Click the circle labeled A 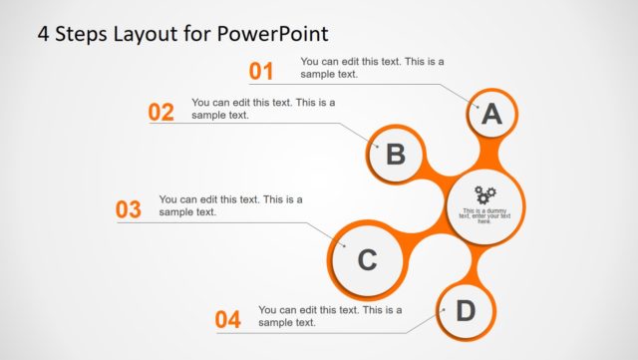tap(490, 115)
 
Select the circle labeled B tap(395, 155)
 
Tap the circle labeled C tap(366, 260)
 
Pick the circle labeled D tap(465, 311)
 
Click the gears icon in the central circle tap(484, 194)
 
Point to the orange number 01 tap(260, 71)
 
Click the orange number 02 tap(161, 112)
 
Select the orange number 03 tap(129, 209)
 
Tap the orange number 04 tap(228, 320)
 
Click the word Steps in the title tap(82, 33)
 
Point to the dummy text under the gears tap(484, 215)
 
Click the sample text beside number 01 tap(372, 68)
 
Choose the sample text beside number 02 tap(263, 108)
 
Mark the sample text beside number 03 tap(230, 205)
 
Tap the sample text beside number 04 tap(330, 316)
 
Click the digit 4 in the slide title tap(43, 33)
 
